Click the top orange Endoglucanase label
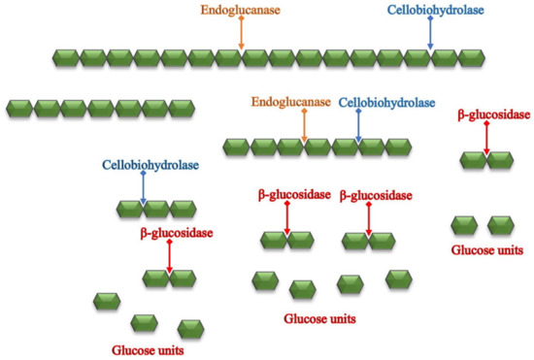[x=242, y=13]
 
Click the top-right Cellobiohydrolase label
[x=432, y=13]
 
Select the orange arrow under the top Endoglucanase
[x=242, y=35]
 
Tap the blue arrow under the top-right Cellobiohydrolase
[x=431, y=35]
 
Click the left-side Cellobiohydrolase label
[x=150, y=165]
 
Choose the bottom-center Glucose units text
[x=319, y=317]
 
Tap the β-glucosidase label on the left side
[x=176, y=233]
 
